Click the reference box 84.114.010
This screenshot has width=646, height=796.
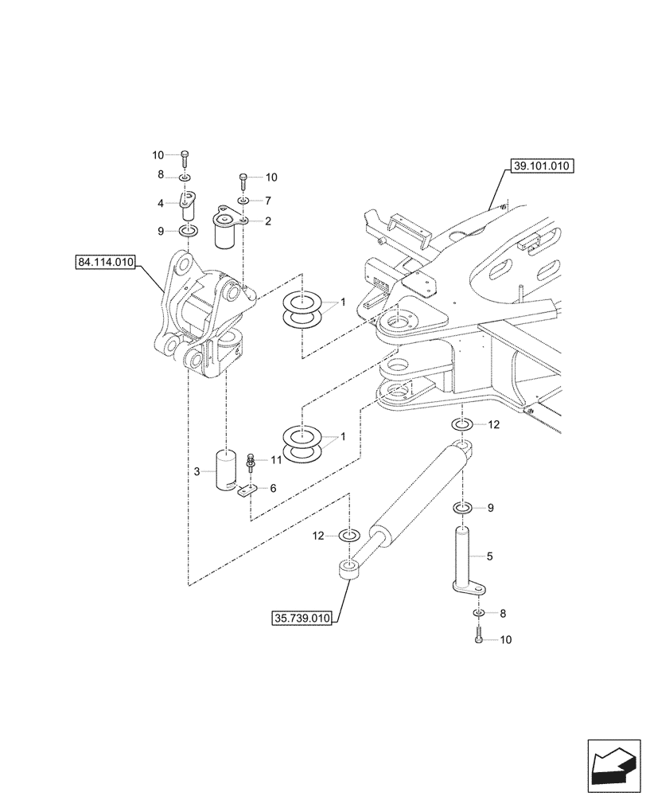(x=107, y=261)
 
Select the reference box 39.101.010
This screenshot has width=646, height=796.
(x=539, y=166)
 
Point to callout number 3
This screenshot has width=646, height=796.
(x=197, y=472)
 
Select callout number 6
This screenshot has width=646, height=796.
(x=273, y=488)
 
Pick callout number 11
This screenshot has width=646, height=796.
(x=276, y=459)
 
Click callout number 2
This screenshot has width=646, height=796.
(x=268, y=222)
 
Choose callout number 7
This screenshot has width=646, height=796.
(x=268, y=200)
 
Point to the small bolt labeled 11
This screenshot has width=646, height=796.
(x=251, y=460)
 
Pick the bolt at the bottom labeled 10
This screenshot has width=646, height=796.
(x=477, y=638)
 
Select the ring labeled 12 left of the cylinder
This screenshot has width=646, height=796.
(x=348, y=533)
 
